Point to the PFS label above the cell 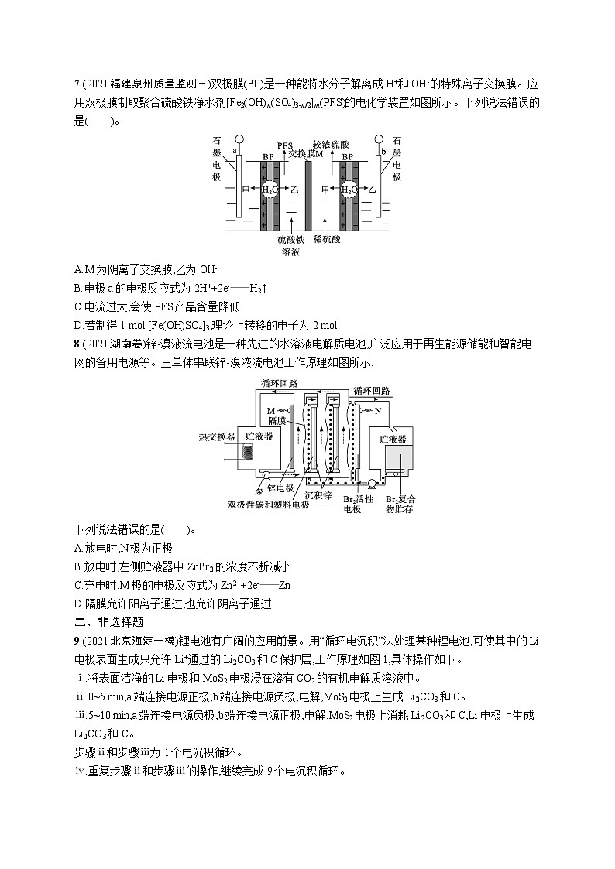point(285,145)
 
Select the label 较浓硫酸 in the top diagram point(331,144)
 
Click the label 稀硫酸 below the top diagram point(328,241)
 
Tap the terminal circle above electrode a point(239,140)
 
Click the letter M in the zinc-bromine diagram point(270,409)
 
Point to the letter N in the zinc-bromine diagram point(377,412)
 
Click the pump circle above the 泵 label point(266,476)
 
